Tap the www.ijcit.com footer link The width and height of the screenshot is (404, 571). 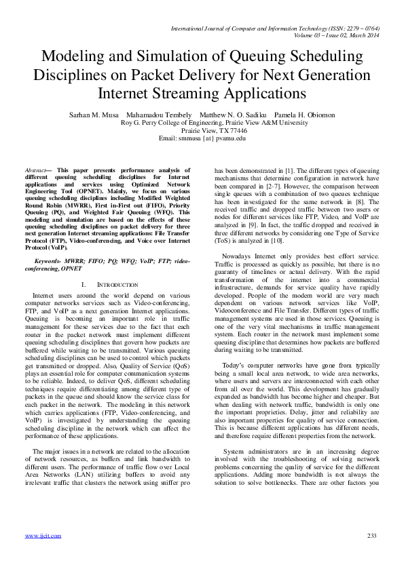tap(43, 536)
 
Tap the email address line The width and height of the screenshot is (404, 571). tap(202, 138)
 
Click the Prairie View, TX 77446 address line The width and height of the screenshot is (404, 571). tap(202, 131)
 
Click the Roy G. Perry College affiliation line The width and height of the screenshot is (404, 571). tap(202, 123)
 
